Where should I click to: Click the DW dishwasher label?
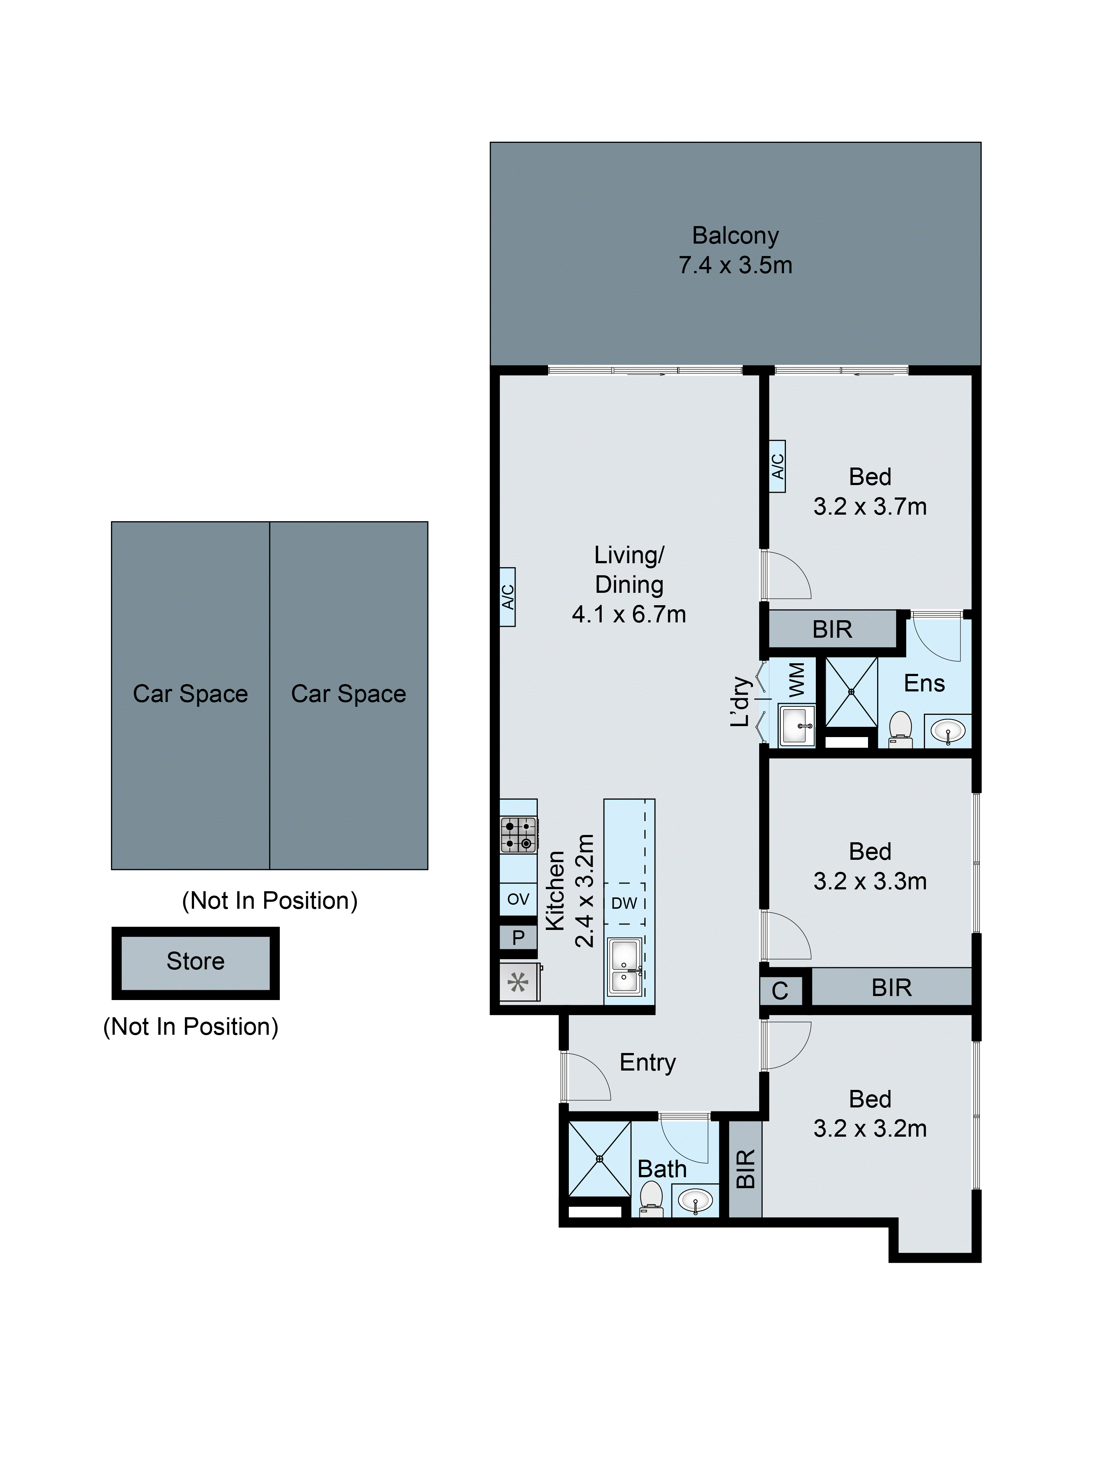click(x=624, y=903)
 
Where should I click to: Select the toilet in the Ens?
click(x=900, y=729)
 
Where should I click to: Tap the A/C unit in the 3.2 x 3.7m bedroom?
click(x=777, y=466)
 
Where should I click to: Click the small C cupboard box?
click(x=780, y=991)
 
